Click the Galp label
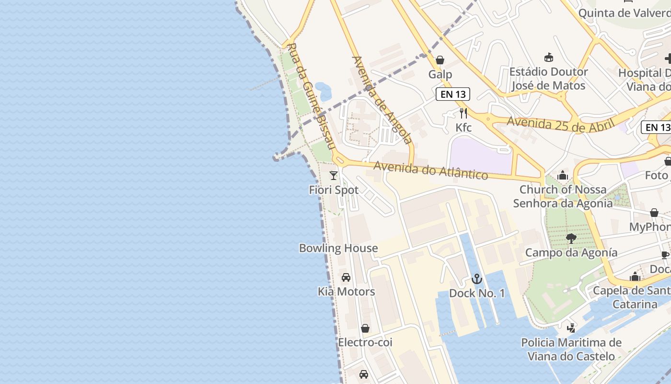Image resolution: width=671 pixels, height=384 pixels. coord(440,74)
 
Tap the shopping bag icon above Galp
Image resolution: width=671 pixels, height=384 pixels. coord(440,60)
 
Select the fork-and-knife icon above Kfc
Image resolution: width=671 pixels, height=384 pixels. coord(463,113)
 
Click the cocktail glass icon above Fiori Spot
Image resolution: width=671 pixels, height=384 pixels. coord(334,176)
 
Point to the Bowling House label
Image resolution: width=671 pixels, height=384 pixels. coord(338,248)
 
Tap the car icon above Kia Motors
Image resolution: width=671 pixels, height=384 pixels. coord(346,277)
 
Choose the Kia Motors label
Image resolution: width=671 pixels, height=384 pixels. coord(346,291)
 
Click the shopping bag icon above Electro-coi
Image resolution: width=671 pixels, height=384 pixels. coord(365,328)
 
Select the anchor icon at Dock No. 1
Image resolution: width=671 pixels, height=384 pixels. coord(476,279)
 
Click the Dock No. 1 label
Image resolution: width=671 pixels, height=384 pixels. coord(477,293)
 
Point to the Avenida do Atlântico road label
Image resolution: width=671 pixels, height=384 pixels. coord(430,170)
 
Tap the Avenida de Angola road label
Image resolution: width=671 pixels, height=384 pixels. coord(382,100)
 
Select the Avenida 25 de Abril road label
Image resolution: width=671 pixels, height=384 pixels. coord(560,124)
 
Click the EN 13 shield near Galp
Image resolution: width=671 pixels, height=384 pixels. coord(452,94)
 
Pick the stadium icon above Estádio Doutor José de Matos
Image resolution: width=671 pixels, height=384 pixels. coord(548,58)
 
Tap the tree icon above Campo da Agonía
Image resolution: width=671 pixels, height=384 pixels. coord(570,239)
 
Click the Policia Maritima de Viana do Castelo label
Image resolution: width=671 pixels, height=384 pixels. coord(571,349)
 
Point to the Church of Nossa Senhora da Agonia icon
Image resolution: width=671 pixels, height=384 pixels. coord(563,175)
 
